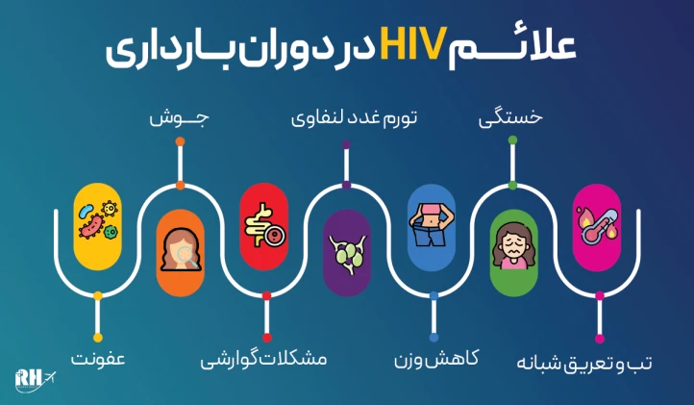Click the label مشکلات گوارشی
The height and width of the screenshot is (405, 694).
(x=263, y=360)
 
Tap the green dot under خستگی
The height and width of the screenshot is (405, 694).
(x=512, y=141)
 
